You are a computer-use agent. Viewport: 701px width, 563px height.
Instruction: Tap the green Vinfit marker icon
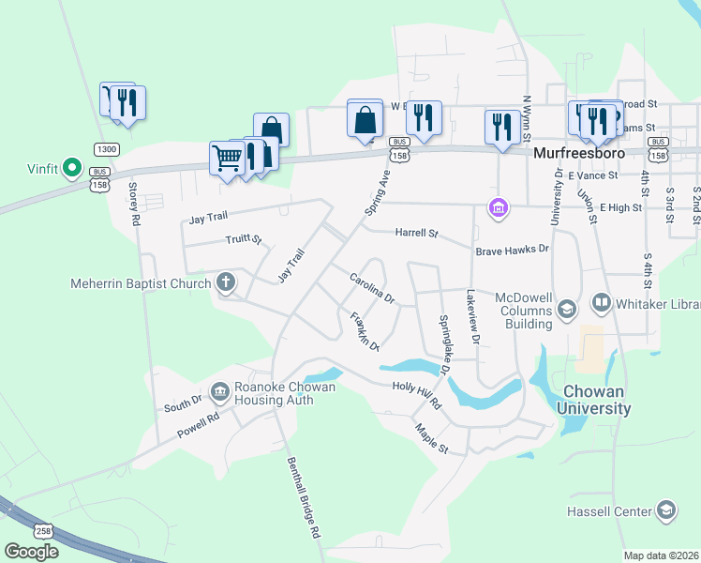68,169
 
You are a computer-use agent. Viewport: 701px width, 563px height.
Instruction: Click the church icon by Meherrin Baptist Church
225,281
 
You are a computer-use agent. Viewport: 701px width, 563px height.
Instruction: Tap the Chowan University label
593,400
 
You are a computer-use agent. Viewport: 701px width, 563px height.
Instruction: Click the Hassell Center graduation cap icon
665,510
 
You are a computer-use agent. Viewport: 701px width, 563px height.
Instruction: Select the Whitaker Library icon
600,305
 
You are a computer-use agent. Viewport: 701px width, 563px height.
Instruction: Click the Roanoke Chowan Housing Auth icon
219,390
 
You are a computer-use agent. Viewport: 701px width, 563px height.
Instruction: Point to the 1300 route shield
106,149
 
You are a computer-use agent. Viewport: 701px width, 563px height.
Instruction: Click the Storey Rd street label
134,203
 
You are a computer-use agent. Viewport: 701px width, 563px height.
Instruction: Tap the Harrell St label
416,232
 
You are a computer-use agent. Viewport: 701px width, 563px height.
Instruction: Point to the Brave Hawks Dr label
511,250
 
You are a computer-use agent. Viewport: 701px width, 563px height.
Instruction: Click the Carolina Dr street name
372,288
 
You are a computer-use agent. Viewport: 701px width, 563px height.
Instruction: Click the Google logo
31,551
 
